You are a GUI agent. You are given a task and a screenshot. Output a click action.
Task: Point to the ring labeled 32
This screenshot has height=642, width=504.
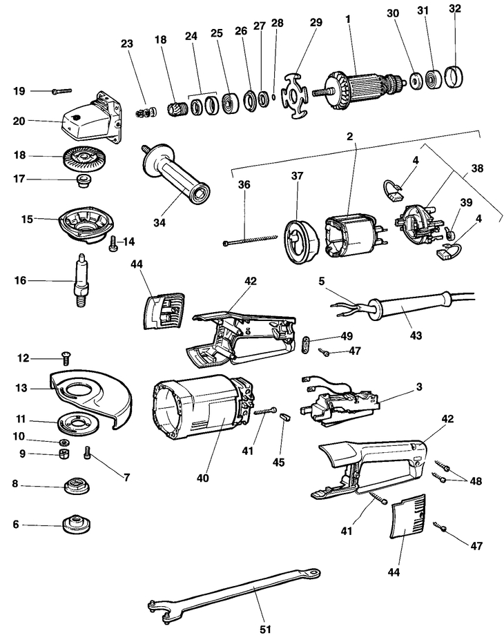455,74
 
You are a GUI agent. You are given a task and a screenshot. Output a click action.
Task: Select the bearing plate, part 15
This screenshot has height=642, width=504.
86,222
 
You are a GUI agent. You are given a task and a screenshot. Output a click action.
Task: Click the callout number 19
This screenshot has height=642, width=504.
19,90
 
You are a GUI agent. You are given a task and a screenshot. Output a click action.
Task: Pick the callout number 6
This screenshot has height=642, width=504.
15,525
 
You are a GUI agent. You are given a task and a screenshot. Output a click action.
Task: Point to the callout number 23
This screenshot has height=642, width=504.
126,43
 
